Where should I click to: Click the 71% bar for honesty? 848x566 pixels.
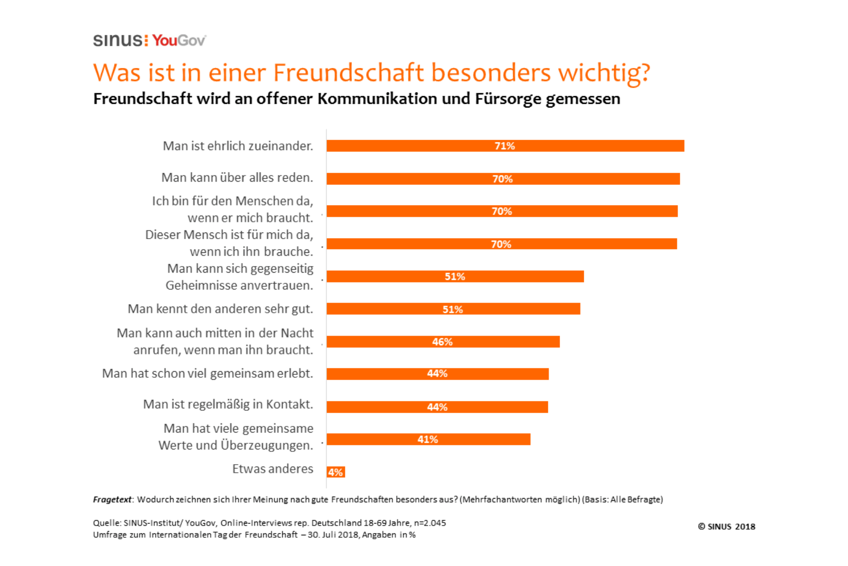pos(505,146)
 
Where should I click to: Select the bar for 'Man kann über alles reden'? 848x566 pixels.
pos(503,179)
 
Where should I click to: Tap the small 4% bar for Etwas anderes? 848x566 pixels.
pos(335,472)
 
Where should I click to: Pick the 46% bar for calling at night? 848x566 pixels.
pos(443,341)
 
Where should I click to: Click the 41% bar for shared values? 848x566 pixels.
pos(428,439)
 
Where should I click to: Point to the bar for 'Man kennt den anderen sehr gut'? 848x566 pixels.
pos(453,309)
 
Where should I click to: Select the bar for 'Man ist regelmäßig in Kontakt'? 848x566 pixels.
pos(437,407)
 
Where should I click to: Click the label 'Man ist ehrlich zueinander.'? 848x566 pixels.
pos(238,146)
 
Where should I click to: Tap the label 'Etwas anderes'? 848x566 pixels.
pos(272,469)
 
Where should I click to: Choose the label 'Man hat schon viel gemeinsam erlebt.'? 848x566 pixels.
pos(207,374)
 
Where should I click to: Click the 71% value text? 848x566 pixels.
pos(505,146)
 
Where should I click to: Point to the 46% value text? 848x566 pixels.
pos(442,341)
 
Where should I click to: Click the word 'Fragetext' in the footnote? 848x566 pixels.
pos(112,499)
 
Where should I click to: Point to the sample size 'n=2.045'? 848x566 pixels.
pos(430,523)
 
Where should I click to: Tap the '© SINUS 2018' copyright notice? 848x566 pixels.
pos(726,526)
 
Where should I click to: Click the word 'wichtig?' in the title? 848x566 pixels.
pos(604,73)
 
